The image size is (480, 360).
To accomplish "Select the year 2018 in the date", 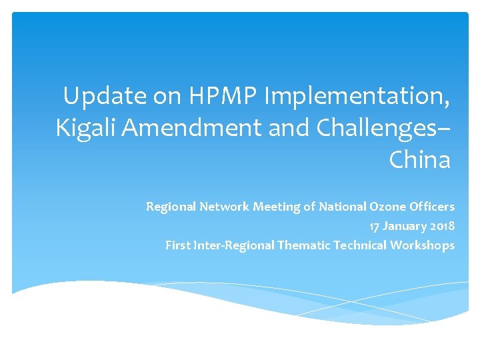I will pyautogui.click(x=442, y=226).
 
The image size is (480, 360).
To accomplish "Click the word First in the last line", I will pyautogui.click(x=177, y=245).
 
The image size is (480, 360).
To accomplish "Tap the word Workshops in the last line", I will pyautogui.click(x=423, y=245).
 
